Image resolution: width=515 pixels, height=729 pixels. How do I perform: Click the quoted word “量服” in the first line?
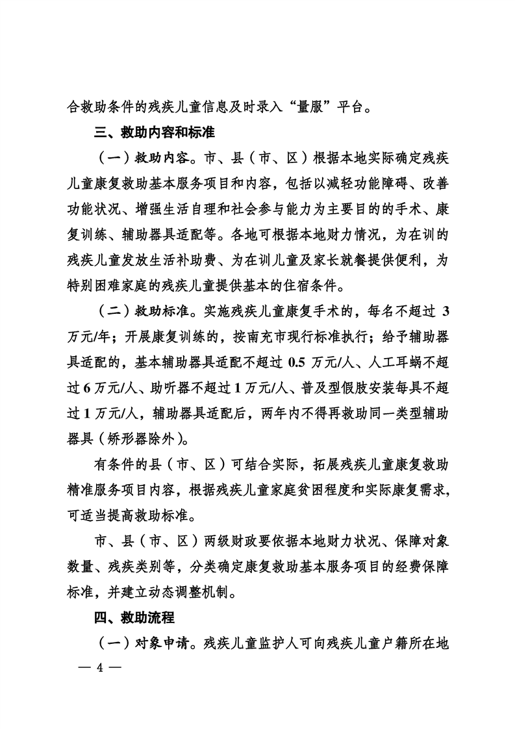coord(315,105)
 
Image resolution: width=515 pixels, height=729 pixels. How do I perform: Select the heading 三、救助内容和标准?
coord(153,133)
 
